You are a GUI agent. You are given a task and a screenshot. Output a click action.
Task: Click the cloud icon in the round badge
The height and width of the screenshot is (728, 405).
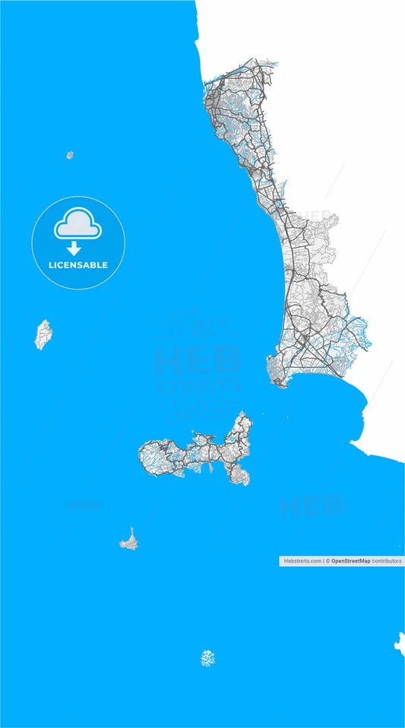coord(78,224)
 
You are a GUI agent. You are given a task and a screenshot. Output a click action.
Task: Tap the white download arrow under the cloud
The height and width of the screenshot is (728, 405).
coord(74,248)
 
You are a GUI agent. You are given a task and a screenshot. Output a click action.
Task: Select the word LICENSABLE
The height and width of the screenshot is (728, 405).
coord(78,265)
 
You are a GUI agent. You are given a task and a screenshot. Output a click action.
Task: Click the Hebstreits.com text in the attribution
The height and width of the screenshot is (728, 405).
coord(302,560)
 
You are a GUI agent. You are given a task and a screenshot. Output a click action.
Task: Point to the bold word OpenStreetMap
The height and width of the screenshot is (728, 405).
coord(350,560)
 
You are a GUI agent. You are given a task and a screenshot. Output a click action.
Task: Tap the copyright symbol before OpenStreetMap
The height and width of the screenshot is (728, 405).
coord(327,560)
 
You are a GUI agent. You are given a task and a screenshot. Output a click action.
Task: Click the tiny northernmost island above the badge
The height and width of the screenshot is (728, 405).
coord(69,155)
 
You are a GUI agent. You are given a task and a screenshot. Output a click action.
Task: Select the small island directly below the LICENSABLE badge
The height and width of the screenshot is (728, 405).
coord(43,334)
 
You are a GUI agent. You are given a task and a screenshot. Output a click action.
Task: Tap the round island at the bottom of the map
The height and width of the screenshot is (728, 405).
coord(208,658)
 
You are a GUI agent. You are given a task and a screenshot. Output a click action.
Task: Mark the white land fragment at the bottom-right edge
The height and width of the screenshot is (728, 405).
coord(400,642)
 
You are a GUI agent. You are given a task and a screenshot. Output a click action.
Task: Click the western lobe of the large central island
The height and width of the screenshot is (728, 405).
coord(156,455)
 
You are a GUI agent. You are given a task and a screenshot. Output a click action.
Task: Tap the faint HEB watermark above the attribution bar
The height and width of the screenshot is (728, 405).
coord(312,506)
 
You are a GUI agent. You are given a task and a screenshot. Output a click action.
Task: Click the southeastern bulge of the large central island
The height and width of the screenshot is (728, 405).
coord(239,475)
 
